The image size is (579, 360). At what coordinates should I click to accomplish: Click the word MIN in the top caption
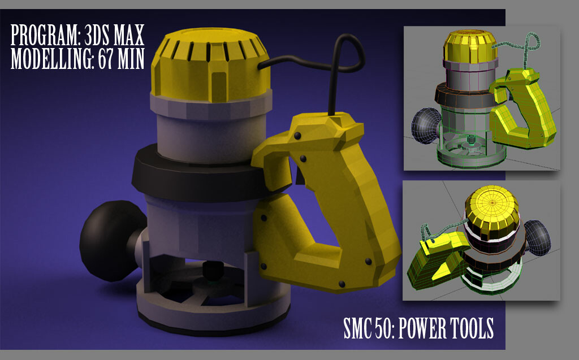[131, 58]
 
